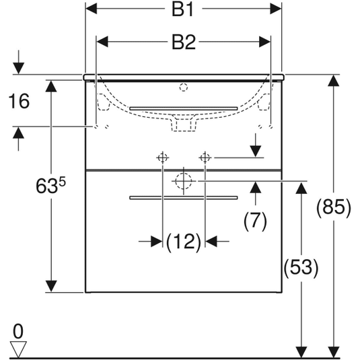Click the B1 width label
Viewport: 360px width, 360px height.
(x=183, y=9)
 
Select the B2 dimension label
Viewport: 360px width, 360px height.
(x=184, y=42)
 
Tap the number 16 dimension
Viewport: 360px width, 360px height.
(x=19, y=101)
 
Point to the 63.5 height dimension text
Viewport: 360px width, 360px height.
(x=50, y=185)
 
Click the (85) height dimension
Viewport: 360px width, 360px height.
(x=334, y=208)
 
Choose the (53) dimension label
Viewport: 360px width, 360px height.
(x=301, y=268)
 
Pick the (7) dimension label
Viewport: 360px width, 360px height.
(x=255, y=221)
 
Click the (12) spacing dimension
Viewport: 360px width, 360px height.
(x=184, y=242)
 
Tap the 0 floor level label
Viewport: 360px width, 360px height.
(x=18, y=331)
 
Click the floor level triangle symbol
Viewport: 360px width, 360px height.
(x=18, y=349)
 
